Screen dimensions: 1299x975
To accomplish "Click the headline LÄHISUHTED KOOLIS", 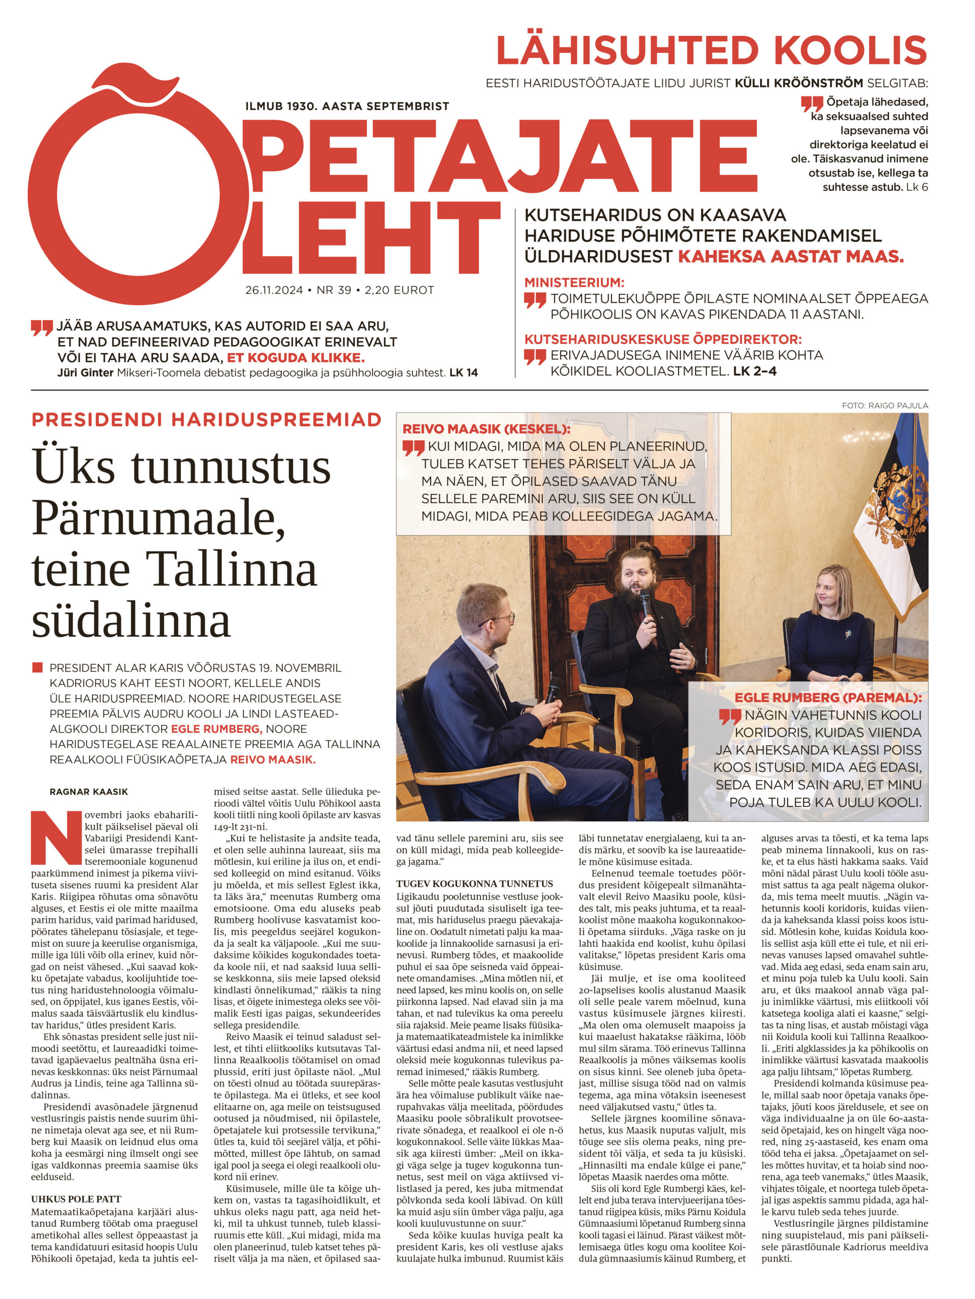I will coord(711,51).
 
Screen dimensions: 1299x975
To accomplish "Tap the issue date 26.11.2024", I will coord(274,290).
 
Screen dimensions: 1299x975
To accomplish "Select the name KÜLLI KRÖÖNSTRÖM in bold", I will coord(799,83).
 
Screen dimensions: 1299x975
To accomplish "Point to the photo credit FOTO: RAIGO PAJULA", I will coord(885,406).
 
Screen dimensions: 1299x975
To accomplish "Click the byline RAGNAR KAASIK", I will coord(89,792).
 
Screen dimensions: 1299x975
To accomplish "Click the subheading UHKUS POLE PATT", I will coord(76,1199).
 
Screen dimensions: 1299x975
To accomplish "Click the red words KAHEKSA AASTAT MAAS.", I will coord(791,257).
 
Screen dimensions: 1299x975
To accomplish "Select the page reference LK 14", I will coord(464,372).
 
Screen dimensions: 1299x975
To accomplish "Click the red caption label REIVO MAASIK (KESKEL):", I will coord(486,429).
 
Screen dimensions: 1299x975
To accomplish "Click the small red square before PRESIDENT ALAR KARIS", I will coord(38,668).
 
